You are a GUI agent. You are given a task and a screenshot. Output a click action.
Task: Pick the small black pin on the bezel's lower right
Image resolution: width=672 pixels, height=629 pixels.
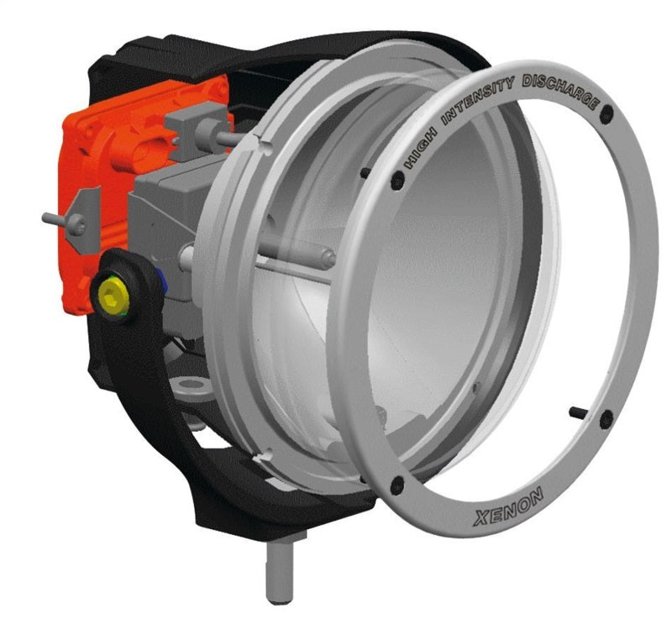click(x=578, y=411)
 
